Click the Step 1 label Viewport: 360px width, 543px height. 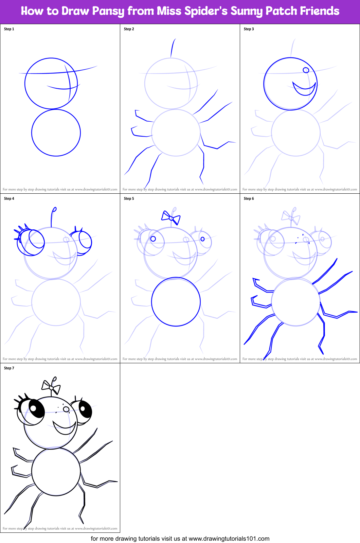tap(9, 29)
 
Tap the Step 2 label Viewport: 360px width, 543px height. tap(129, 29)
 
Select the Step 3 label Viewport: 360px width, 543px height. tap(249, 29)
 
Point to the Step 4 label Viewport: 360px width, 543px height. tap(9, 199)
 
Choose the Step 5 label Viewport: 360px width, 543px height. tap(129, 199)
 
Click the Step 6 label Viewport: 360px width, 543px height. tap(249, 199)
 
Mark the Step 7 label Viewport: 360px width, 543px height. tap(9, 368)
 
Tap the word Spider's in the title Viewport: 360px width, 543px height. tap(206, 11)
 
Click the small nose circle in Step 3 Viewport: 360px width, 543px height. tap(306, 70)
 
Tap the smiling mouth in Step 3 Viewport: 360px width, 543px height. tap(304, 89)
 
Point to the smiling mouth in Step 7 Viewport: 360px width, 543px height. tap(64, 428)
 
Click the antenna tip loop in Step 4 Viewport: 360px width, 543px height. tap(54, 209)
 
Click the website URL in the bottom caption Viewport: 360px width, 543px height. tap(229, 539)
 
